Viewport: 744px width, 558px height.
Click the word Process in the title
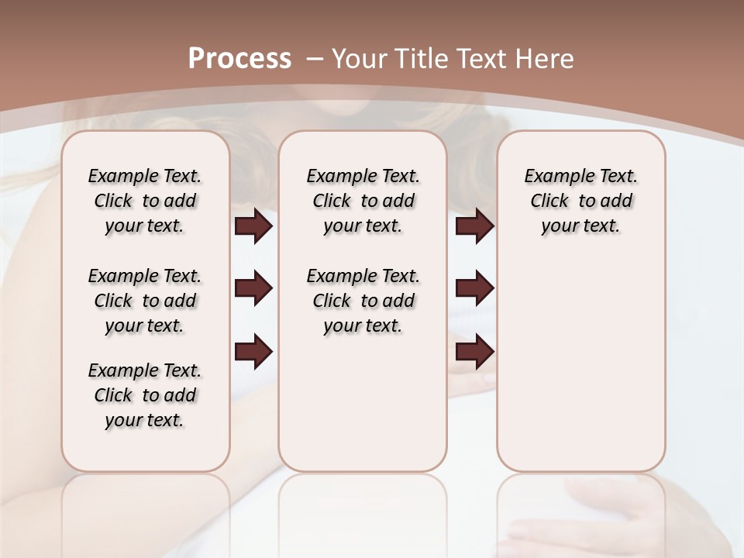[x=239, y=58]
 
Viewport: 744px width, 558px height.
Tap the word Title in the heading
[x=418, y=58]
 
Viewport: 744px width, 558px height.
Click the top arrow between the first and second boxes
[x=253, y=226]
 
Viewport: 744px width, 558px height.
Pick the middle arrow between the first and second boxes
[x=253, y=288]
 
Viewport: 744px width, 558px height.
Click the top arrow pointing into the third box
[x=474, y=226]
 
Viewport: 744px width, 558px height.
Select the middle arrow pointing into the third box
[x=474, y=288]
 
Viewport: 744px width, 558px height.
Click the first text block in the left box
[x=145, y=201]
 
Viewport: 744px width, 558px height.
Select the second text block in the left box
[x=145, y=301]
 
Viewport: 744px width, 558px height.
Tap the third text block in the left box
[x=145, y=395]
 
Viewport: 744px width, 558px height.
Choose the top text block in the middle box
[x=363, y=201]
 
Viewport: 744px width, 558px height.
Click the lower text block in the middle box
[x=363, y=301]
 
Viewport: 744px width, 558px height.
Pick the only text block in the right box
[x=580, y=201]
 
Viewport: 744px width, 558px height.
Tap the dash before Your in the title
[x=315, y=58]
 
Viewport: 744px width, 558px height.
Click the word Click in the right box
[x=549, y=201]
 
